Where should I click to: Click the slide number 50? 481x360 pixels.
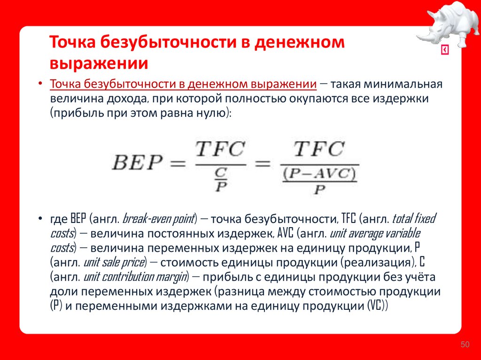coord(465,345)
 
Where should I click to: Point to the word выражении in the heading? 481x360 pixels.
coord(99,63)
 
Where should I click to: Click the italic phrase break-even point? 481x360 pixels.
coord(158,218)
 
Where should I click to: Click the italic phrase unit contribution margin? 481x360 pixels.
coord(135,276)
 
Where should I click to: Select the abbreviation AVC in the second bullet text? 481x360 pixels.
coord(286,233)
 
